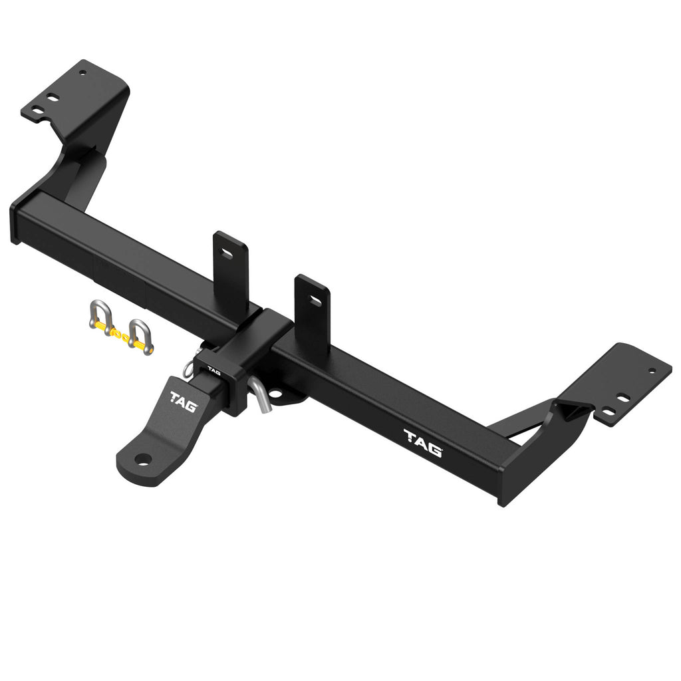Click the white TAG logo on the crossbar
coord(422,442)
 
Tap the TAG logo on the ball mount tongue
coord(182,402)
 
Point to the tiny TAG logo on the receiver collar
coord(213,370)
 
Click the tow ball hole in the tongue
coord(142,459)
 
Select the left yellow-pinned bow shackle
coord(101,317)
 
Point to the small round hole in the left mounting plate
coord(82,72)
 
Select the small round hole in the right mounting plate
coord(651,371)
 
